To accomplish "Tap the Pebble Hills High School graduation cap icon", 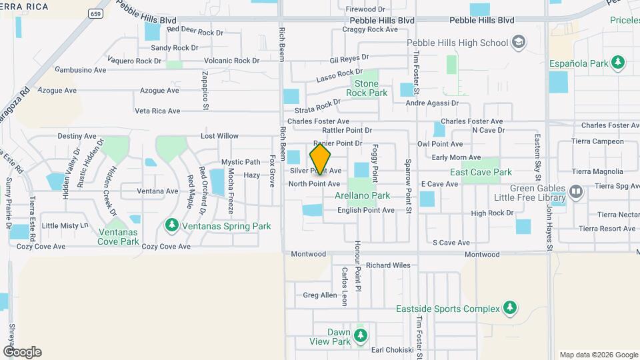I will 517,43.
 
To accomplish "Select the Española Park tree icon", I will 619,63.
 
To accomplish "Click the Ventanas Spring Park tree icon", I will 173,226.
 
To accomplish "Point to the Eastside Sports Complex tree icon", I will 510,309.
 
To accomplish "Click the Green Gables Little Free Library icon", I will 576,193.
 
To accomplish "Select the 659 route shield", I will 97,13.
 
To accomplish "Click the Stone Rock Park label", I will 367,89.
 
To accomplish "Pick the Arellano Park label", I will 362,196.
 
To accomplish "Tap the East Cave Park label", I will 481,172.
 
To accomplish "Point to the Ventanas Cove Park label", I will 119,237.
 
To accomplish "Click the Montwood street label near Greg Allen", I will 309,254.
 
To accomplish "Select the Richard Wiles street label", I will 388,265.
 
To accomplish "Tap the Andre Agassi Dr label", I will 433,103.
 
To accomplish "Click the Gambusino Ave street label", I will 81,69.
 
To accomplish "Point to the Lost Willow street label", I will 219,136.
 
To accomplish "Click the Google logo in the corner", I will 22,352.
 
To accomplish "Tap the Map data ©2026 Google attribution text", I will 598,355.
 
